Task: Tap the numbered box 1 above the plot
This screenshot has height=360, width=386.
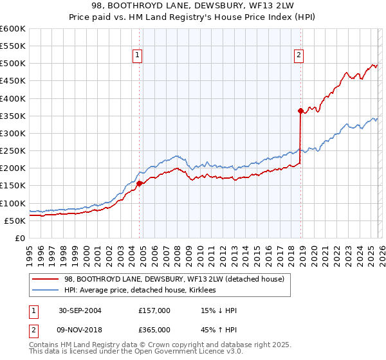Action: (138, 56)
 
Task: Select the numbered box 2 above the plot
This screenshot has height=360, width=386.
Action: (299, 56)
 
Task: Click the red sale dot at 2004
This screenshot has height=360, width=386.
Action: (140, 183)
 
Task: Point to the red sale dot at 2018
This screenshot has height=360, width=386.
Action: (300, 111)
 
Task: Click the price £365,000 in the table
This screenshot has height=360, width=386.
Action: (154, 331)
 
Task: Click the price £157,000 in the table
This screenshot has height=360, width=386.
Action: (154, 310)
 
